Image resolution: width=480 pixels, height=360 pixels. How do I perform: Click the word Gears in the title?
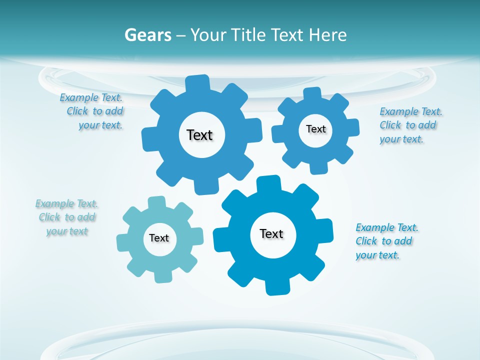point(147,35)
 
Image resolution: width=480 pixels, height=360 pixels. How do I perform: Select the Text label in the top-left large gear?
point(199,135)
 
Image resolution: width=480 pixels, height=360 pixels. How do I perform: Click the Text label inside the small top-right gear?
point(315,129)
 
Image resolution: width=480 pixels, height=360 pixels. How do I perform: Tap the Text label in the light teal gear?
point(159,238)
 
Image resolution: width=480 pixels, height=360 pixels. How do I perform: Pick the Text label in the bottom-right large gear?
point(271,233)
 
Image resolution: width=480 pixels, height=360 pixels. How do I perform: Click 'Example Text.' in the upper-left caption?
point(91,97)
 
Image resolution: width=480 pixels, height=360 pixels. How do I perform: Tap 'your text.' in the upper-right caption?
point(401,139)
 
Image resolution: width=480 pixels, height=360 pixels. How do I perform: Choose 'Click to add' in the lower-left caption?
point(67,217)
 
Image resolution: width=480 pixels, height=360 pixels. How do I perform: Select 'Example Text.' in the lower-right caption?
point(387,227)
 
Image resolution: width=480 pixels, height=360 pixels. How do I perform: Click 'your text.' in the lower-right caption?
point(377,255)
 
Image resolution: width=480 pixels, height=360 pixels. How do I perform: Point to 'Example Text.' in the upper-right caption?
point(411,111)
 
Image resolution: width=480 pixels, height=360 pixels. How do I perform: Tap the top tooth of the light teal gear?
point(156,202)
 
